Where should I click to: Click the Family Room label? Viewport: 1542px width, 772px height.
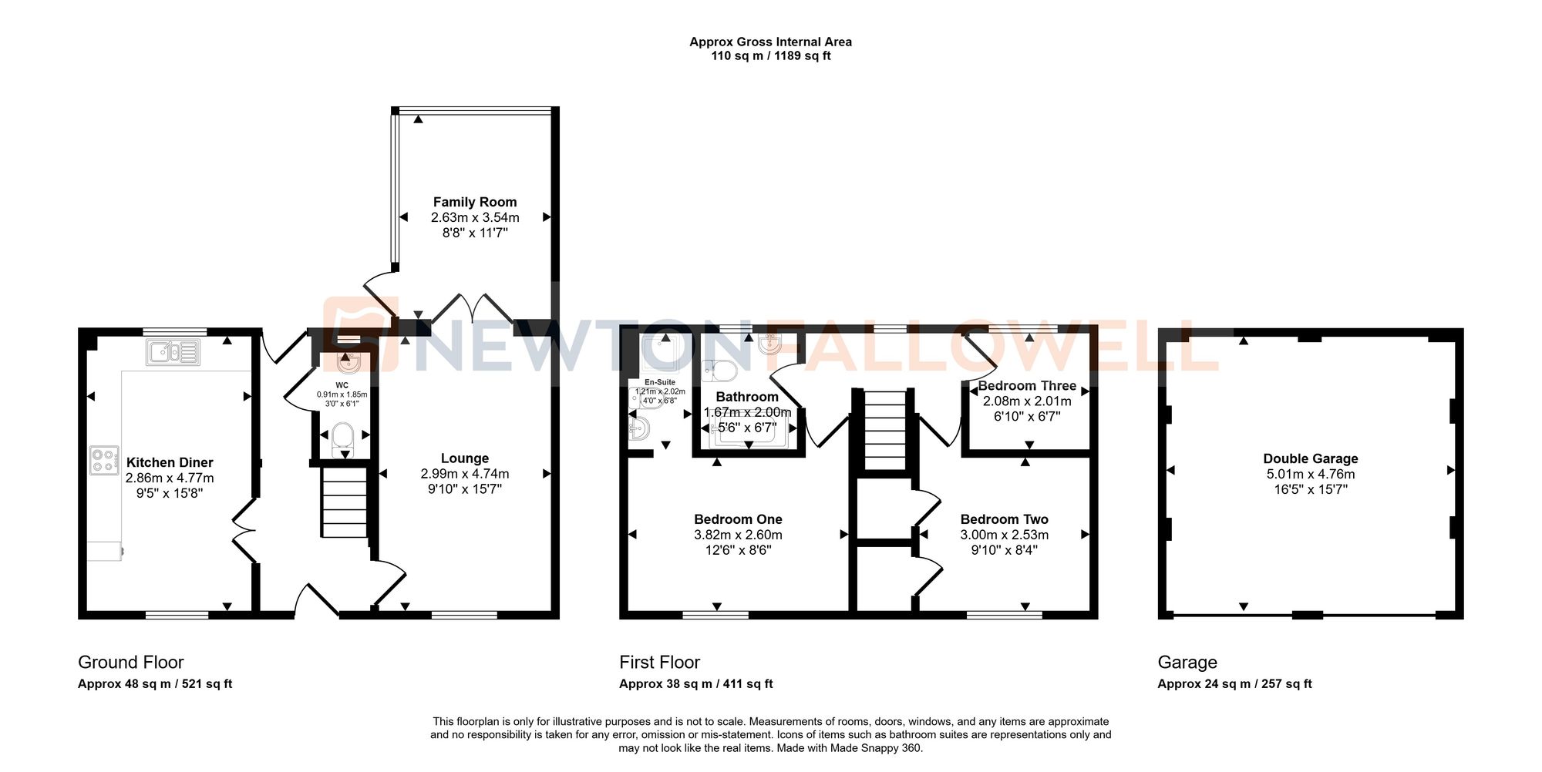tap(474, 202)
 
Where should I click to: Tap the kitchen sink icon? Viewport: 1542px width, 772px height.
tap(173, 353)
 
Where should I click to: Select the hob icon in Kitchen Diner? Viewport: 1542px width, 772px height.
tap(104, 460)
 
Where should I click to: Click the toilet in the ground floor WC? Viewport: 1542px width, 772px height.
tap(342, 436)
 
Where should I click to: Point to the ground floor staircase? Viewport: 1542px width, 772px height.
tap(344, 503)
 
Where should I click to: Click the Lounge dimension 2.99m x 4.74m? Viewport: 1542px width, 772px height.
tap(464, 474)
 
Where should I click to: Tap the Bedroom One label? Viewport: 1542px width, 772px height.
tap(738, 519)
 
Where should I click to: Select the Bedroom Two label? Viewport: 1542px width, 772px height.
tap(1004, 519)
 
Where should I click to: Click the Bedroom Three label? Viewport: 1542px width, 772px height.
tap(1026, 386)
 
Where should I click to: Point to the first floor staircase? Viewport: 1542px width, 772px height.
tap(884, 430)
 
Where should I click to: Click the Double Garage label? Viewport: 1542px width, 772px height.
tap(1310, 458)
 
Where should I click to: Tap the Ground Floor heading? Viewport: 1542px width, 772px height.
tap(131, 663)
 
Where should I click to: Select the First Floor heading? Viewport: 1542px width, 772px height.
tap(659, 663)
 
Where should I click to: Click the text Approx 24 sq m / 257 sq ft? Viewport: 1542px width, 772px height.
tap(1234, 684)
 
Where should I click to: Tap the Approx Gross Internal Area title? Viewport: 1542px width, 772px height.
tap(770, 42)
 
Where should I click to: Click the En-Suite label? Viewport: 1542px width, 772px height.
tap(659, 382)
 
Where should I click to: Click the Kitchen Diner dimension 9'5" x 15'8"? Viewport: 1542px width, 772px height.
tap(170, 493)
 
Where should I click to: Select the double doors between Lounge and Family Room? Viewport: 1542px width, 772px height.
tap(472, 308)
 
